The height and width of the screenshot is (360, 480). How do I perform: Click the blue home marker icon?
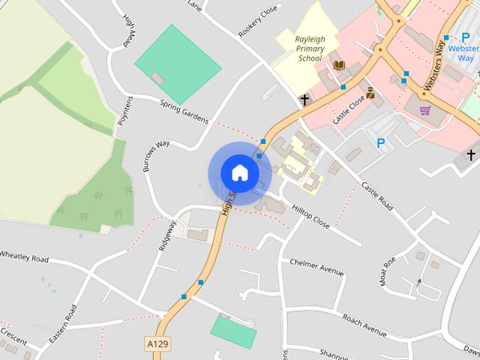click(x=239, y=172)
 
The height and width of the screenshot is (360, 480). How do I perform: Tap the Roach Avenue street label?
click(x=364, y=325)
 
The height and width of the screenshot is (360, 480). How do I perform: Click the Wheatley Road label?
click(x=24, y=257)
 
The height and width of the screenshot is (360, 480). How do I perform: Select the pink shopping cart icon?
click(x=425, y=110)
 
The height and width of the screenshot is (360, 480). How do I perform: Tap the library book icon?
click(x=339, y=66)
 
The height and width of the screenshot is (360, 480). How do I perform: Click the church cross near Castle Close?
click(x=305, y=99)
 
